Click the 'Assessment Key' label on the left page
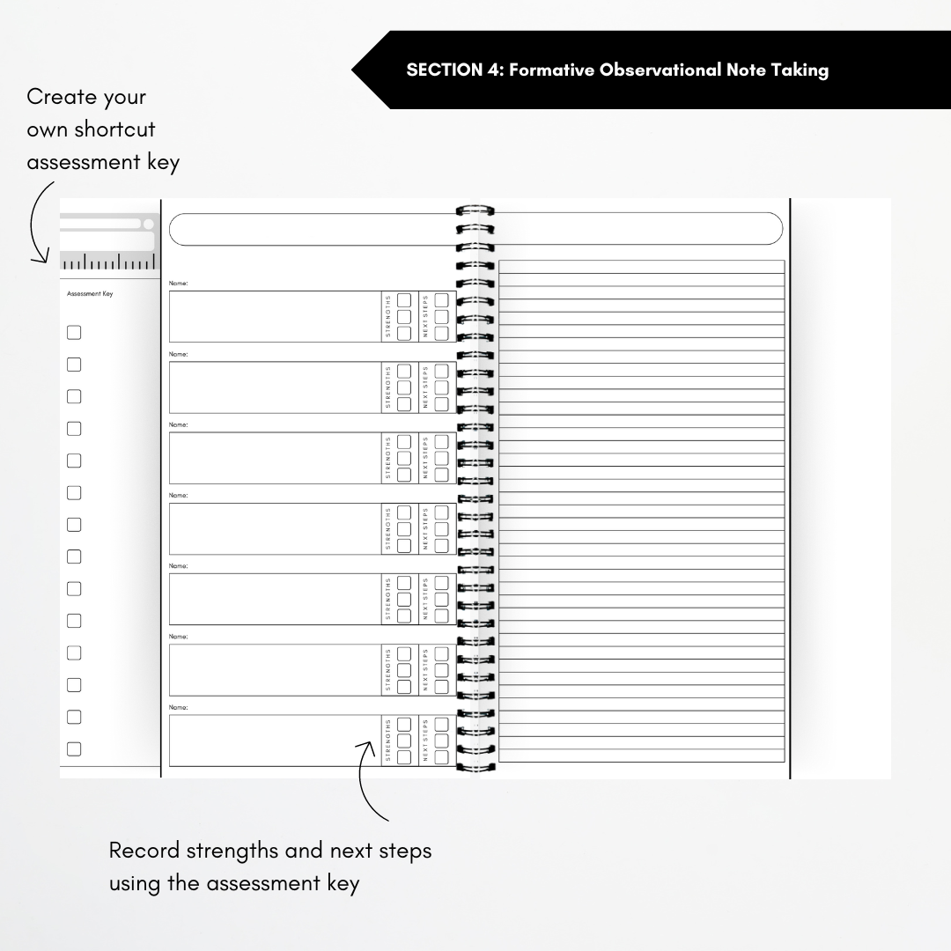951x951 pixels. (90, 294)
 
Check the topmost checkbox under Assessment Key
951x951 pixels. (74, 333)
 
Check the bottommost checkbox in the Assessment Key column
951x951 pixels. (74, 749)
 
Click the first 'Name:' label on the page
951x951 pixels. (179, 284)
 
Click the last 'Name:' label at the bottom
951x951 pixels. (179, 707)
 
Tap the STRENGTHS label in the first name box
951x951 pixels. (388, 317)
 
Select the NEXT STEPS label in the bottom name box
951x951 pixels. (425, 741)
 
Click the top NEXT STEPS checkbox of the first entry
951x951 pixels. (441, 300)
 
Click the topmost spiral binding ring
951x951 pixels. (475, 211)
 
